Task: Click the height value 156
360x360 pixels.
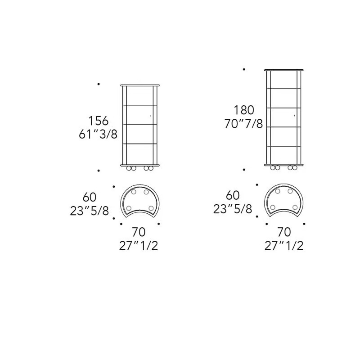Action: pos(98,121)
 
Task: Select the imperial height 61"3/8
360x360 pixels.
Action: pos(98,134)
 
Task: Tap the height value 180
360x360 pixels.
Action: pos(244,110)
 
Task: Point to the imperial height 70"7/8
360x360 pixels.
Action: pos(243,124)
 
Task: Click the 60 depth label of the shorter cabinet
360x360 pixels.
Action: pos(90,197)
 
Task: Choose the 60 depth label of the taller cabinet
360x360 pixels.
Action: pos(233,195)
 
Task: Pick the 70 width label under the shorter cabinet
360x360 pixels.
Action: pos(139,232)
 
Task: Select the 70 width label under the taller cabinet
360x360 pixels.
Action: pos(284,232)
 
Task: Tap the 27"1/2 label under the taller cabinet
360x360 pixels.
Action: pos(284,246)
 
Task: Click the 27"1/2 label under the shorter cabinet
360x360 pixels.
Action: pos(139,246)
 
